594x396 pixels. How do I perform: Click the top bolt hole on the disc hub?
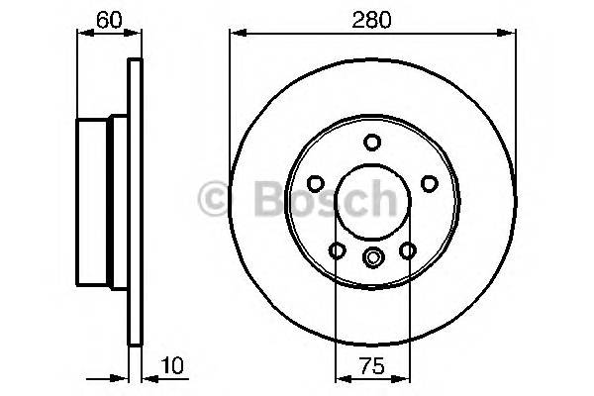coord(371,142)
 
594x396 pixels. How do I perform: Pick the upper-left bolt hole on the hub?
coord(315,183)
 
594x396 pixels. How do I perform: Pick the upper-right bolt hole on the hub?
coord(429,183)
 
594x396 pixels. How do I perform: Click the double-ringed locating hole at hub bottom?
coord(372,258)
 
